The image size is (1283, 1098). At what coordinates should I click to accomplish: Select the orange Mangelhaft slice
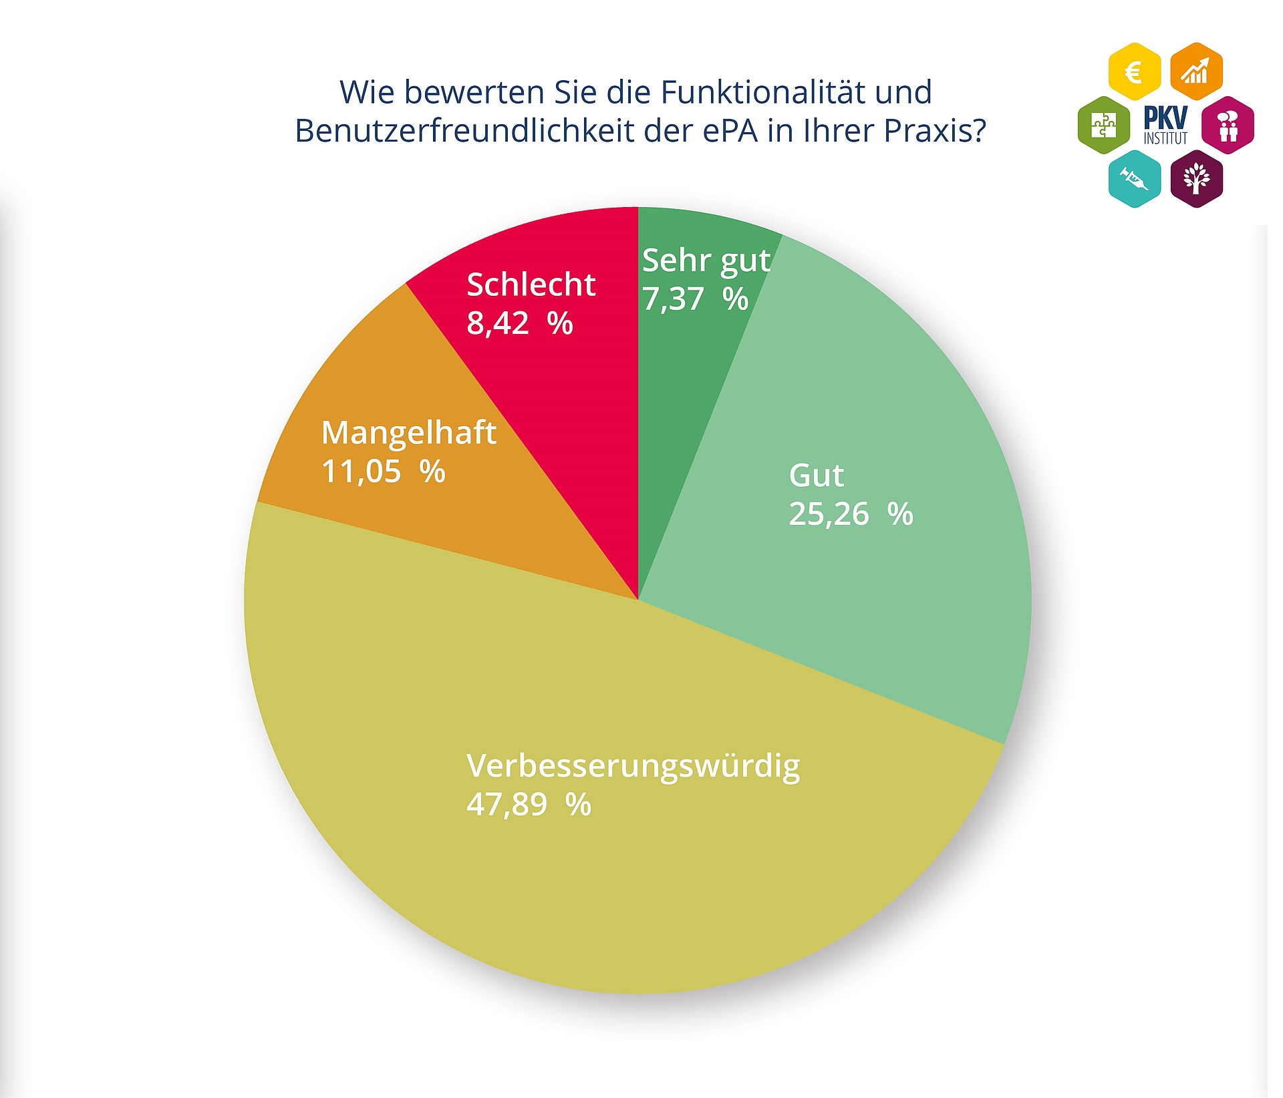[401, 508]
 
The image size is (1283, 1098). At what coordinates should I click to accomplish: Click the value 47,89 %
[528, 804]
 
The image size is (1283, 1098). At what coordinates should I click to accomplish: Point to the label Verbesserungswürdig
[633, 765]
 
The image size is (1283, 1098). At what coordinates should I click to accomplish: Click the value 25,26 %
[850, 514]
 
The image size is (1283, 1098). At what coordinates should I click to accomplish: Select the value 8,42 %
[519, 323]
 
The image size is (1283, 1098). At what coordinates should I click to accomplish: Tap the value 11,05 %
[383, 472]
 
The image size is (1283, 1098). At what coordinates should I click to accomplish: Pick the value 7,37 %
[695, 299]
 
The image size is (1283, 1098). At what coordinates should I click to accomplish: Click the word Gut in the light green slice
[816, 476]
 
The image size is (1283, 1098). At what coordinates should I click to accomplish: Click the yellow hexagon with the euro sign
[1134, 71]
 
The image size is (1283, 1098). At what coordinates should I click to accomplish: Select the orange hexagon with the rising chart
[1196, 71]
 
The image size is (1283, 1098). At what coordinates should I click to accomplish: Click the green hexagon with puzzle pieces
[1103, 125]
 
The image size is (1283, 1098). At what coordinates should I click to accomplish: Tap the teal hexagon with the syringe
[1134, 178]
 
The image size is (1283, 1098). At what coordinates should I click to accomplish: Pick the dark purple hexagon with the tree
[1196, 178]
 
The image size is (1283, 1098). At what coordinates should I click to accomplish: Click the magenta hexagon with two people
[1228, 125]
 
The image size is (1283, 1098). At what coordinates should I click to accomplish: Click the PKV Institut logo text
[1165, 125]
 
